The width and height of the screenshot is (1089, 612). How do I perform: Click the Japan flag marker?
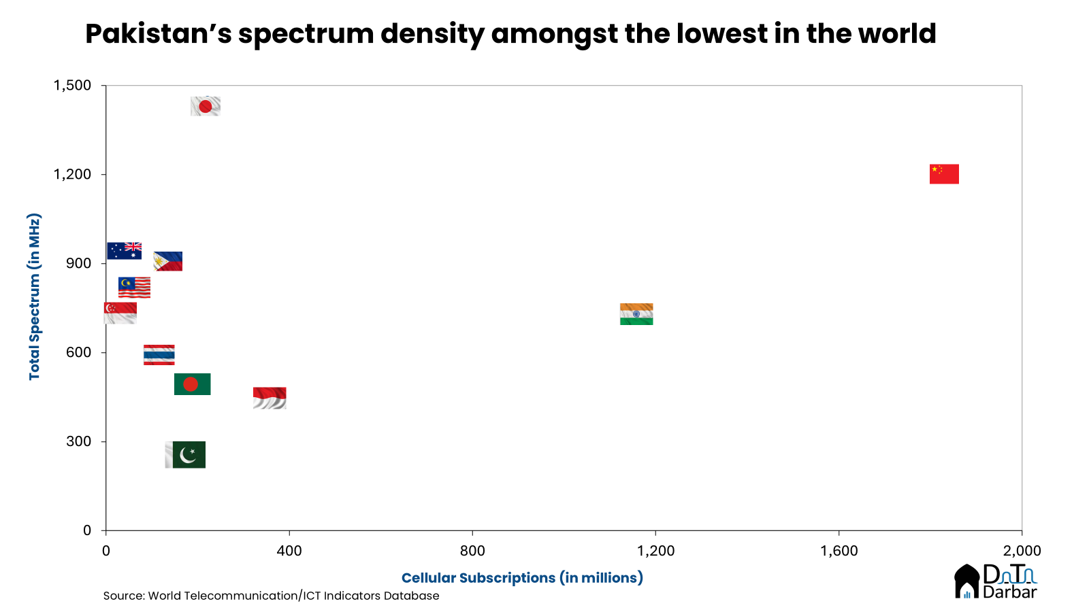tap(206, 106)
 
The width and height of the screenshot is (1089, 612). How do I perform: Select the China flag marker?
tap(944, 174)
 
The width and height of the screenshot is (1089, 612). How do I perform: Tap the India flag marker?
tap(636, 314)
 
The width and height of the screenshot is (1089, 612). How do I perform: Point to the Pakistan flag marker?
tap(185, 455)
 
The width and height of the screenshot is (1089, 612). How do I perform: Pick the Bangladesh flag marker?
tap(192, 384)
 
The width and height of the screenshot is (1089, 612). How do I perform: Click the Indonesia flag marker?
tap(270, 398)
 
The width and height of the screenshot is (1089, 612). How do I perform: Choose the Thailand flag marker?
tap(159, 355)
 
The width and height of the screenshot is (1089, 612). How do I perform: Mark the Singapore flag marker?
tap(120, 313)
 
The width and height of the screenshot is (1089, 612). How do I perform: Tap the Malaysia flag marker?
tap(134, 288)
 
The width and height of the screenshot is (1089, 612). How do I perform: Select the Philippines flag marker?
tap(168, 262)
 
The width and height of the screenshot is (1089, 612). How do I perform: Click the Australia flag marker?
tap(124, 251)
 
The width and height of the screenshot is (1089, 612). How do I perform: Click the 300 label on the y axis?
tap(78, 442)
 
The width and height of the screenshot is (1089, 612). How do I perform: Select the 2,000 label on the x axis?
tap(1022, 551)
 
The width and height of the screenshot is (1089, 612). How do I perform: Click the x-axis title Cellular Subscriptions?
tap(522, 578)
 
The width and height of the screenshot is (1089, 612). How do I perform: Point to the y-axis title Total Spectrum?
tap(35, 296)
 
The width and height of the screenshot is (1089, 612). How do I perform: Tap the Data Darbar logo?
tap(995, 582)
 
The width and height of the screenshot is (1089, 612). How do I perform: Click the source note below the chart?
tap(271, 596)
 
